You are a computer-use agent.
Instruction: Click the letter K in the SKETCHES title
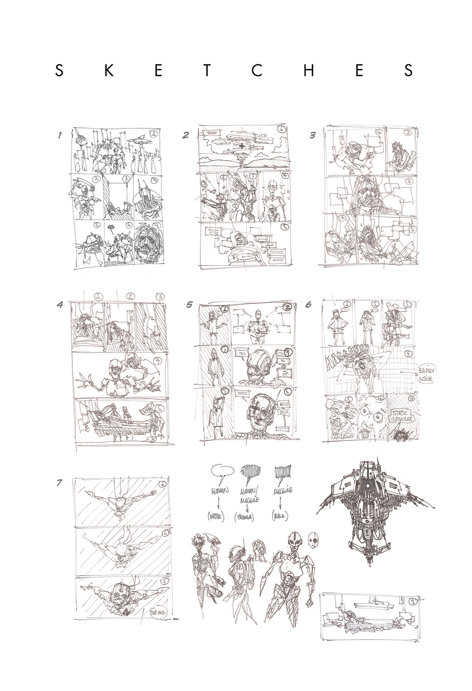click(109, 71)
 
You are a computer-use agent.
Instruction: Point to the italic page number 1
click(60, 136)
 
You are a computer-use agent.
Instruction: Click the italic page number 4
click(60, 304)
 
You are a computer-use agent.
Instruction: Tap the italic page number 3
click(313, 136)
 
